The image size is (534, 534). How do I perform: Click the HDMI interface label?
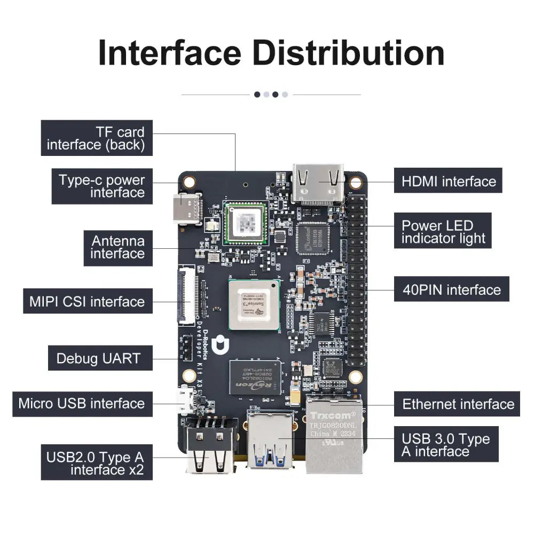click(x=448, y=181)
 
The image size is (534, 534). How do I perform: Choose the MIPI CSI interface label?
click(x=87, y=301)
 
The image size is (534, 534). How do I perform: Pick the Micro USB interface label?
click(x=82, y=403)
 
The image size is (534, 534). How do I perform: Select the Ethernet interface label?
click(x=457, y=404)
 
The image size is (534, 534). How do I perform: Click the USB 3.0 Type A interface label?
click(x=445, y=444)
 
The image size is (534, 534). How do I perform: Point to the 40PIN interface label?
click(x=451, y=289)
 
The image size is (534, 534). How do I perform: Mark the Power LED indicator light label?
click(x=443, y=232)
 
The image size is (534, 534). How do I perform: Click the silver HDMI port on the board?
click(x=318, y=182)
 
